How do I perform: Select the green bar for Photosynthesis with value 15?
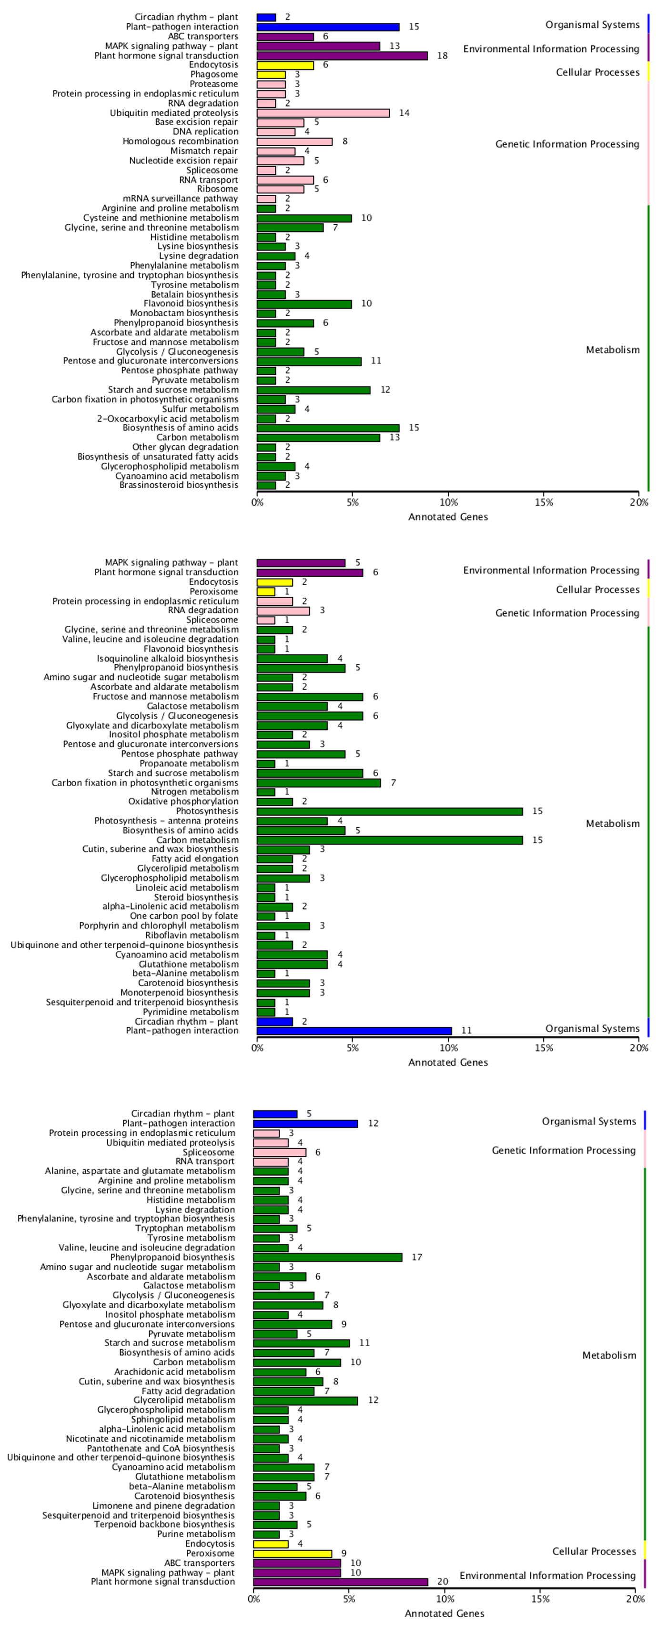click(x=389, y=811)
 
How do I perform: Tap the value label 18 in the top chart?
click(x=442, y=56)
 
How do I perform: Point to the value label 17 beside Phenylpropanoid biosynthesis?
click(x=416, y=1257)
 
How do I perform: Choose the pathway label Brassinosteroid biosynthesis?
click(x=179, y=485)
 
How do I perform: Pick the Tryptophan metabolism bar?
click(x=275, y=1228)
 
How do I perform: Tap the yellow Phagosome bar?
click(x=271, y=75)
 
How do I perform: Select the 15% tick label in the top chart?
click(x=543, y=503)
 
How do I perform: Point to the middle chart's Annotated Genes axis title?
click(x=448, y=1062)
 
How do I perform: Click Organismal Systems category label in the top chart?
click(x=593, y=25)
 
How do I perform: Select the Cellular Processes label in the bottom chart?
click(x=594, y=1551)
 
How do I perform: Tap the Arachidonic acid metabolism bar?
click(x=280, y=1371)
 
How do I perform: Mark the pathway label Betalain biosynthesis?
click(x=194, y=294)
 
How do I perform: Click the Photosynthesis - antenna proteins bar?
click(x=292, y=821)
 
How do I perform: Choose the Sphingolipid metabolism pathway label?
click(x=182, y=1420)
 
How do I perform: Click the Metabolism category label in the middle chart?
click(x=612, y=824)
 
